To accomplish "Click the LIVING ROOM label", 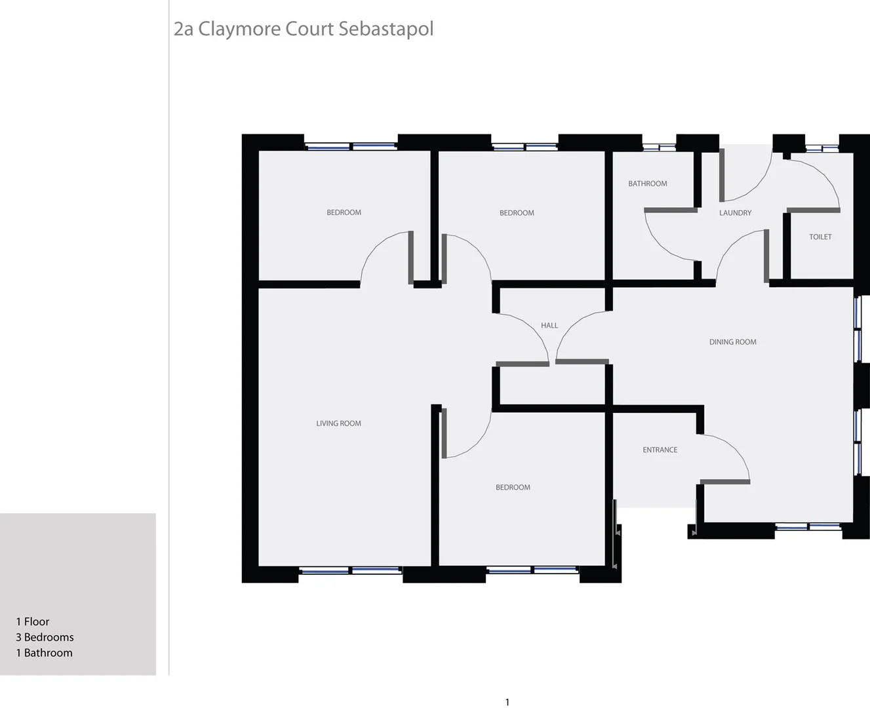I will pyautogui.click(x=338, y=423).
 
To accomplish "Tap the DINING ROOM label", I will pyautogui.click(x=732, y=342).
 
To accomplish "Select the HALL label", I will pyautogui.click(x=549, y=326).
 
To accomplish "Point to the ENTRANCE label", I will pyautogui.click(x=660, y=450).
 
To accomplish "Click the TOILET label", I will pyautogui.click(x=820, y=237).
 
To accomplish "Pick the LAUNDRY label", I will pyautogui.click(x=735, y=213).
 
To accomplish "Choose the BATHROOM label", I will pyautogui.click(x=647, y=184).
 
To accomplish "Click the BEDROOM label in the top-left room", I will pyautogui.click(x=344, y=213).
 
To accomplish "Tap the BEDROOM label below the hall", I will pyautogui.click(x=513, y=488).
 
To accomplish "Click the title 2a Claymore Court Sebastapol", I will pyautogui.click(x=303, y=29).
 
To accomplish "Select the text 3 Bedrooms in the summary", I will pyautogui.click(x=45, y=637).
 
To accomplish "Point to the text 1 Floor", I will pyautogui.click(x=33, y=621).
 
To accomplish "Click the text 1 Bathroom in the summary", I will pyautogui.click(x=44, y=653).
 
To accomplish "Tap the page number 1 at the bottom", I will pyautogui.click(x=507, y=702).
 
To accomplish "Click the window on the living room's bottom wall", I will pyautogui.click(x=351, y=570).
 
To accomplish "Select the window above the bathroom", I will pyautogui.click(x=659, y=147).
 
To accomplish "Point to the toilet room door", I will pyautogui.click(x=813, y=210).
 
